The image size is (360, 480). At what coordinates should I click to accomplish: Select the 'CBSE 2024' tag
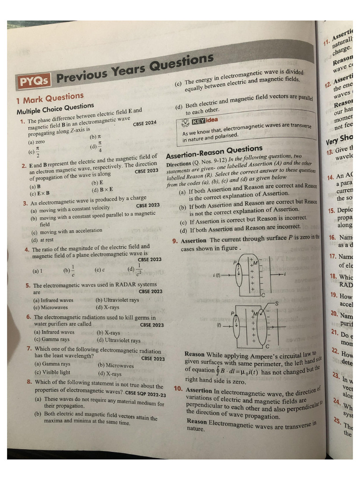[x=145, y=124]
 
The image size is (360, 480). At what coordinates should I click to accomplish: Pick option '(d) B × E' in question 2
[x=103, y=189]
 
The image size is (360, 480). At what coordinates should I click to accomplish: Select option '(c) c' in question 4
[x=99, y=270]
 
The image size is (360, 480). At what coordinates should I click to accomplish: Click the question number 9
[x=174, y=241]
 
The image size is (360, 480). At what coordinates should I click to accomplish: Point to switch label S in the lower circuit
[x=277, y=303]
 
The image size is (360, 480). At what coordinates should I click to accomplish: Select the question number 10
[x=178, y=389]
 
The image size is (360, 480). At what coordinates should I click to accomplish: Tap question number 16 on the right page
[x=332, y=238]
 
